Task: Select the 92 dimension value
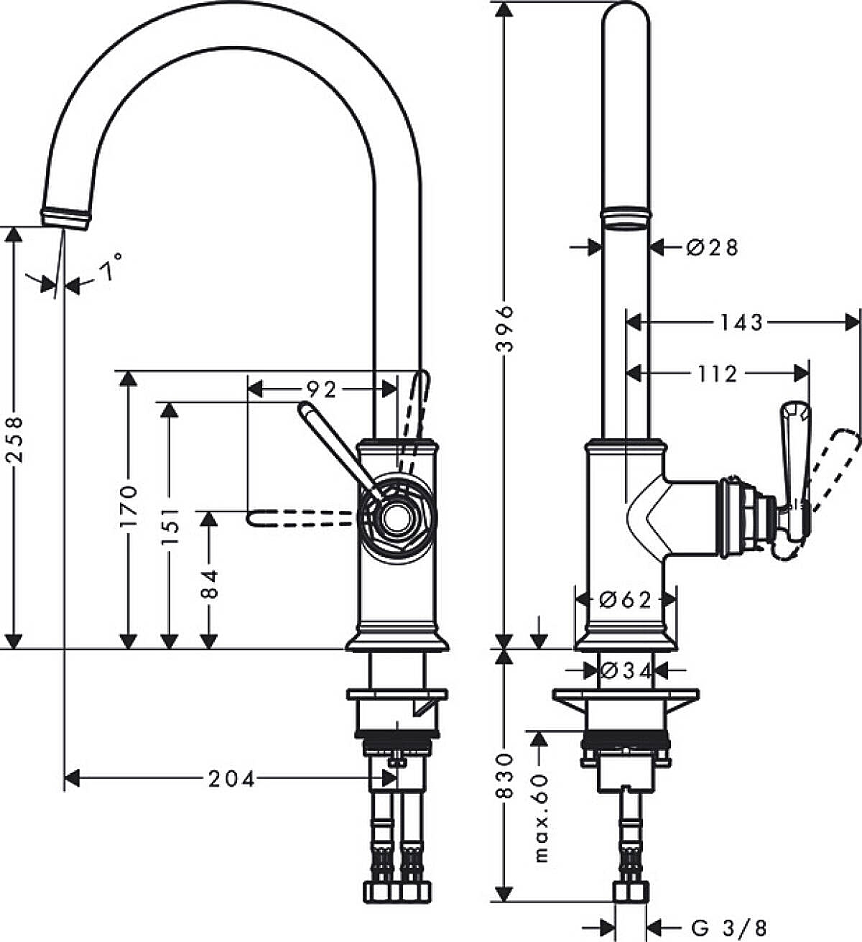(x=321, y=389)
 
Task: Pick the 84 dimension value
(x=208, y=583)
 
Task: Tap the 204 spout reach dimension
(x=231, y=778)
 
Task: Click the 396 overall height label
(x=506, y=328)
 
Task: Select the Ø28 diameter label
(x=711, y=248)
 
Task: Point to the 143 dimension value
(x=741, y=323)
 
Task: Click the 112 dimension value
(x=717, y=374)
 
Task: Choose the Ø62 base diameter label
(x=625, y=599)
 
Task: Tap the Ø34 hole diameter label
(x=625, y=670)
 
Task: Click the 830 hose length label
(x=506, y=776)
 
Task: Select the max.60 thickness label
(x=541, y=817)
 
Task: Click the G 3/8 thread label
(x=728, y=928)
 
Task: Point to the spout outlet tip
(x=66, y=219)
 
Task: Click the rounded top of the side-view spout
(x=625, y=18)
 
